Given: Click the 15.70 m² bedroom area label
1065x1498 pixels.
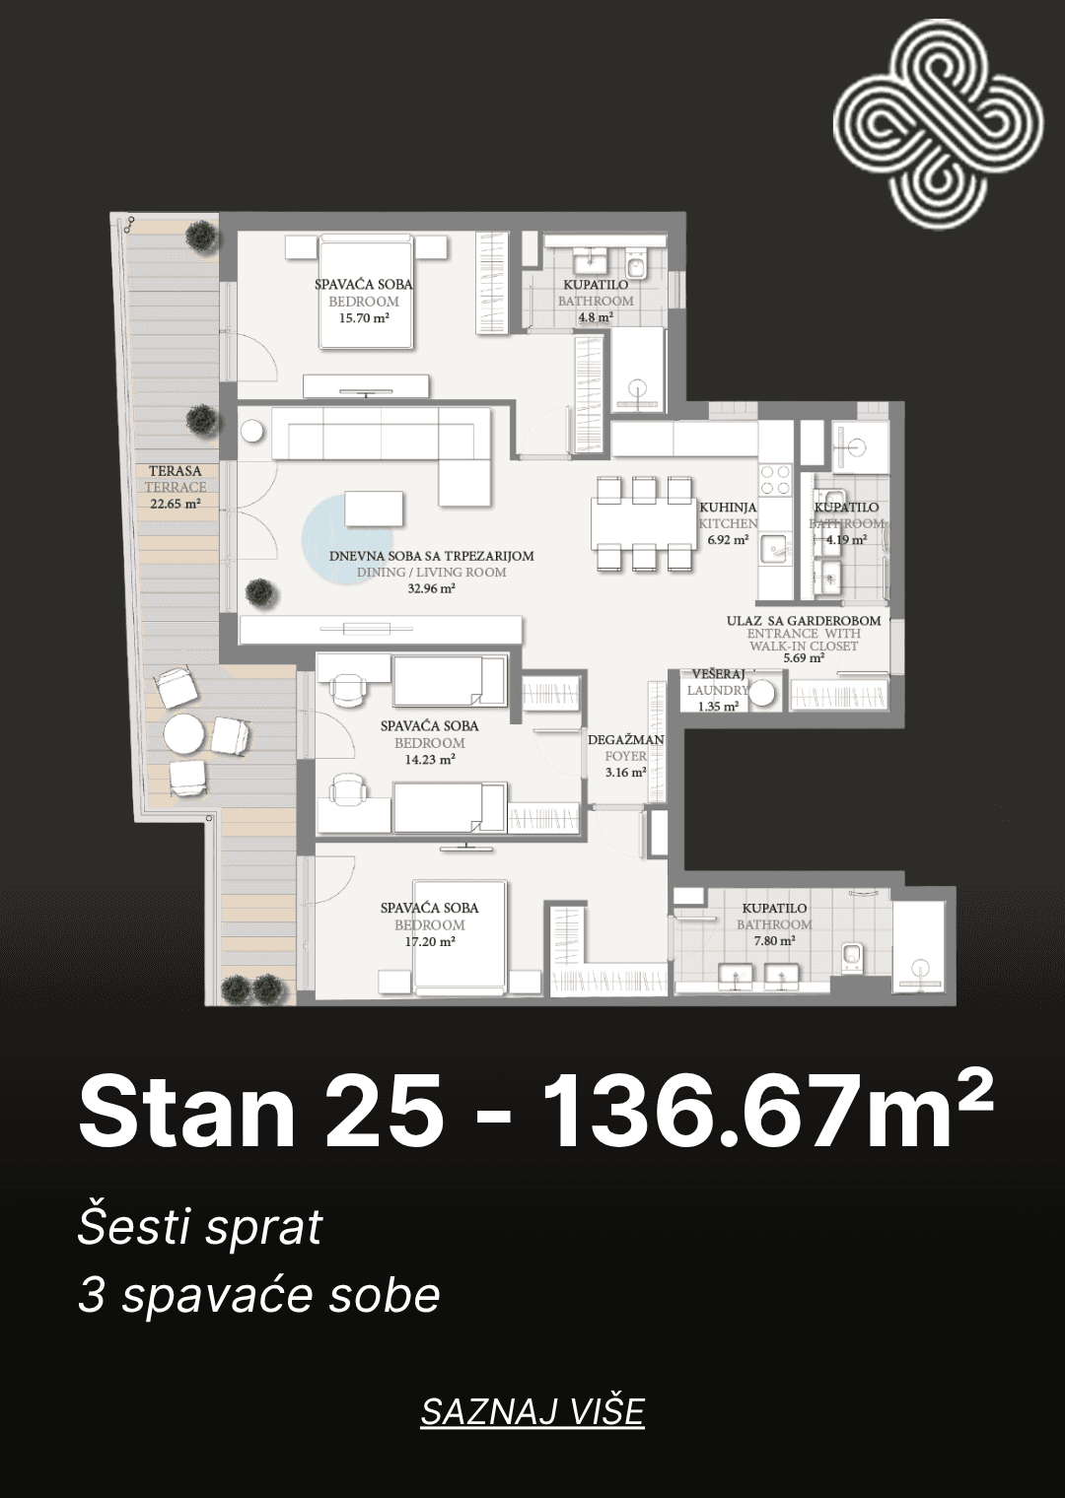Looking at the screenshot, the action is point(364,318).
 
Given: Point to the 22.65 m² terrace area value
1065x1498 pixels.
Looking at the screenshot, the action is point(176,504).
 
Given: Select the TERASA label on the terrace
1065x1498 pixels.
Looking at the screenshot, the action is point(176,471).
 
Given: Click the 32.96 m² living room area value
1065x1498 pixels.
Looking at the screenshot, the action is point(432,589).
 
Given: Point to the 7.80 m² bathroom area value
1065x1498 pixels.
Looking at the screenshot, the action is point(775,941).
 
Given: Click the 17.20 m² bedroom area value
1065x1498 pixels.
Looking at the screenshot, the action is point(430,941).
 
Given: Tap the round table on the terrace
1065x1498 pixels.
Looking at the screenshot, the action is point(183,734).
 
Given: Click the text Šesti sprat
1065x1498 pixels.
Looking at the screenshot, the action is point(200,1227).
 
